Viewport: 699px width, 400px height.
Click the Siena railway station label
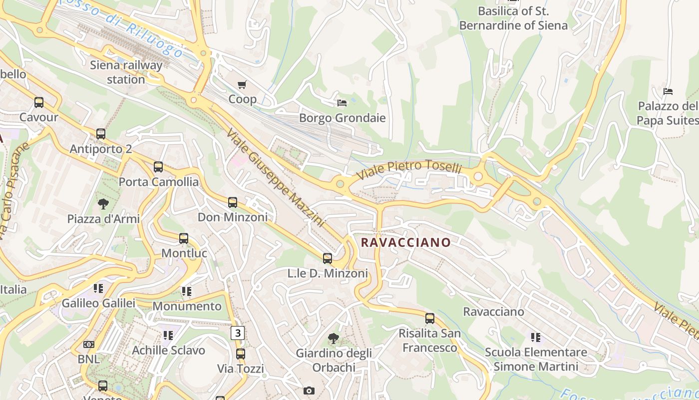pos(126,72)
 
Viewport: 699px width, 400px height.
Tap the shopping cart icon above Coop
pos(242,85)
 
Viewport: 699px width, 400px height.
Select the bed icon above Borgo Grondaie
pos(342,103)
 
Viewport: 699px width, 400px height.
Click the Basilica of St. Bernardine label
pos(513,18)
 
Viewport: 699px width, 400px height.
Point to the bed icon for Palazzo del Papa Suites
pos(668,91)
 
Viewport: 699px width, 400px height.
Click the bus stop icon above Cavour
pos(39,102)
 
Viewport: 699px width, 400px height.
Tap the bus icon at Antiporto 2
pos(101,134)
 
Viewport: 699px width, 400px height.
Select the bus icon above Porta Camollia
pos(158,167)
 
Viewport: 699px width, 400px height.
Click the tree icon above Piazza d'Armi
pos(103,203)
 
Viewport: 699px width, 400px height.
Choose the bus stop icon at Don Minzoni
pos(233,202)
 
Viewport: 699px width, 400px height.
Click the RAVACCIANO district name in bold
pos(405,242)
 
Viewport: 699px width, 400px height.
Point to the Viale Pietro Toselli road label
pos(409,168)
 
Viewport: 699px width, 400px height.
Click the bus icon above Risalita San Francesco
pos(429,318)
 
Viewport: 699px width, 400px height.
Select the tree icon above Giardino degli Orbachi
pos(334,338)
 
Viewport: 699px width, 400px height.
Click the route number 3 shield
pos(238,332)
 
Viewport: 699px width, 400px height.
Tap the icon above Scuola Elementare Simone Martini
pos(536,337)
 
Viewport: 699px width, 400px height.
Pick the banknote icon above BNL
pos(89,344)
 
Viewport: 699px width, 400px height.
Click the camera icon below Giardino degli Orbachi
pos(309,390)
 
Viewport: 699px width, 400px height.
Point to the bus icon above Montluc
pos(184,238)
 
